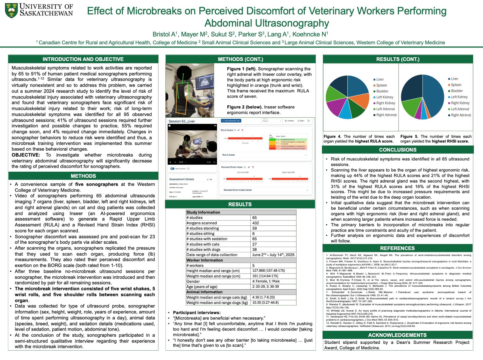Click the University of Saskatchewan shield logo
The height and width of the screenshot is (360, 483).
[x=11, y=10]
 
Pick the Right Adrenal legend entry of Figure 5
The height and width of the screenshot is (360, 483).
[x=461, y=115]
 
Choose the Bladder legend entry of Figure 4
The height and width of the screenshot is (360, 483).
[x=382, y=91]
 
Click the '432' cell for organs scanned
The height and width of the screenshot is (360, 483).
[x=256, y=223]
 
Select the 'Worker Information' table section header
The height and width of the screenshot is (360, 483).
[x=205, y=260]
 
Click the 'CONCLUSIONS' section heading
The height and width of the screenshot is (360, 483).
[x=397, y=150]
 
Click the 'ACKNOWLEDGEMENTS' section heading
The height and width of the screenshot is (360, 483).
[x=397, y=335]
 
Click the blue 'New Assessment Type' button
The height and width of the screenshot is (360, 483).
[x=231, y=121]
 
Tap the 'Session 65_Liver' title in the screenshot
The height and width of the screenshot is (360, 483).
[x=182, y=121]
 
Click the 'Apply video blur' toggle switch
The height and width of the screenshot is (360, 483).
[x=172, y=169]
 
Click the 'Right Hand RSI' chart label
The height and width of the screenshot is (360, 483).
[x=288, y=172]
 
